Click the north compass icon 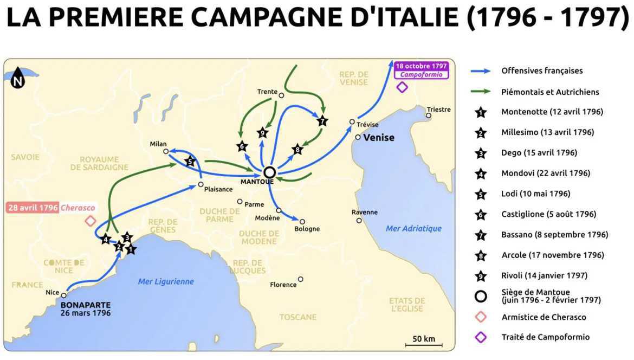18,77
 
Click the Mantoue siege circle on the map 269,172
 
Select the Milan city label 158,144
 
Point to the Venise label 379,138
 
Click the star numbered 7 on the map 322,121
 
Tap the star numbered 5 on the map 190,161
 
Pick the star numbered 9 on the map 263,133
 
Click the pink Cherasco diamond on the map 90,221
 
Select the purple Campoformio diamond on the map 402,87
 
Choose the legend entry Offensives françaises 542,70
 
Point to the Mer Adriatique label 413,228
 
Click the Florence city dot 301,280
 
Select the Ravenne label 364,212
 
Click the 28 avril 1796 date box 31,208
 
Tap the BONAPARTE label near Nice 86,305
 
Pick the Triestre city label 438,109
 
